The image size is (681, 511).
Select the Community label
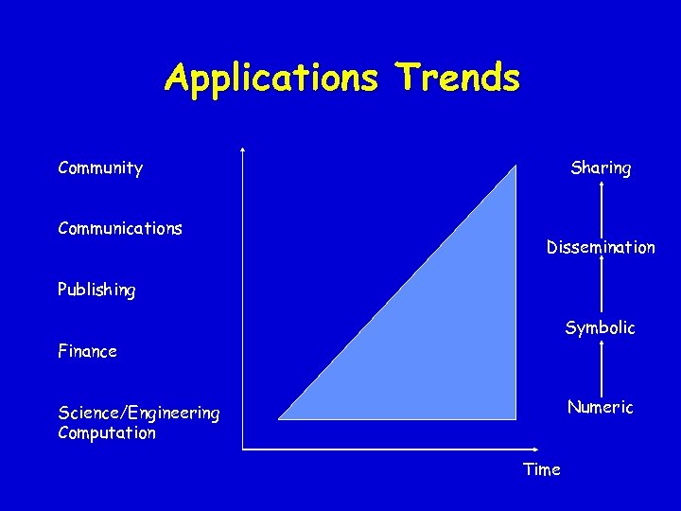pyautogui.click(x=100, y=168)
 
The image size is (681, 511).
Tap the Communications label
pyautogui.click(x=120, y=228)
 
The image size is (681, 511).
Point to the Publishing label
pyautogui.click(x=96, y=291)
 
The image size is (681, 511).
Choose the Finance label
pyautogui.click(x=87, y=351)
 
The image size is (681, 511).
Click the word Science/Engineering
pyautogui.click(x=138, y=413)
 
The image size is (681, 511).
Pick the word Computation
pyautogui.click(x=107, y=433)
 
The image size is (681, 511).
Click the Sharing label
pyautogui.click(x=601, y=168)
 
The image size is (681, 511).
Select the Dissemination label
pyautogui.click(x=601, y=248)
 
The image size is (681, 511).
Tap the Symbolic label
pyautogui.click(x=601, y=328)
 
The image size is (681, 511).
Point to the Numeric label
pyautogui.click(x=601, y=408)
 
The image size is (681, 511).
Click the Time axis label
pyautogui.click(x=542, y=469)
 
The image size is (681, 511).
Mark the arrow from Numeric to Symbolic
pyautogui.click(x=602, y=368)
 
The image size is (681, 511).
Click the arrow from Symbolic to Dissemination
pyautogui.click(x=602, y=288)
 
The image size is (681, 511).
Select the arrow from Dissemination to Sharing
pyautogui.click(x=602, y=208)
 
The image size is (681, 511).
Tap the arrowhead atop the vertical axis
pyautogui.click(x=243, y=150)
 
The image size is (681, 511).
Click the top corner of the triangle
pyautogui.click(x=515, y=167)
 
